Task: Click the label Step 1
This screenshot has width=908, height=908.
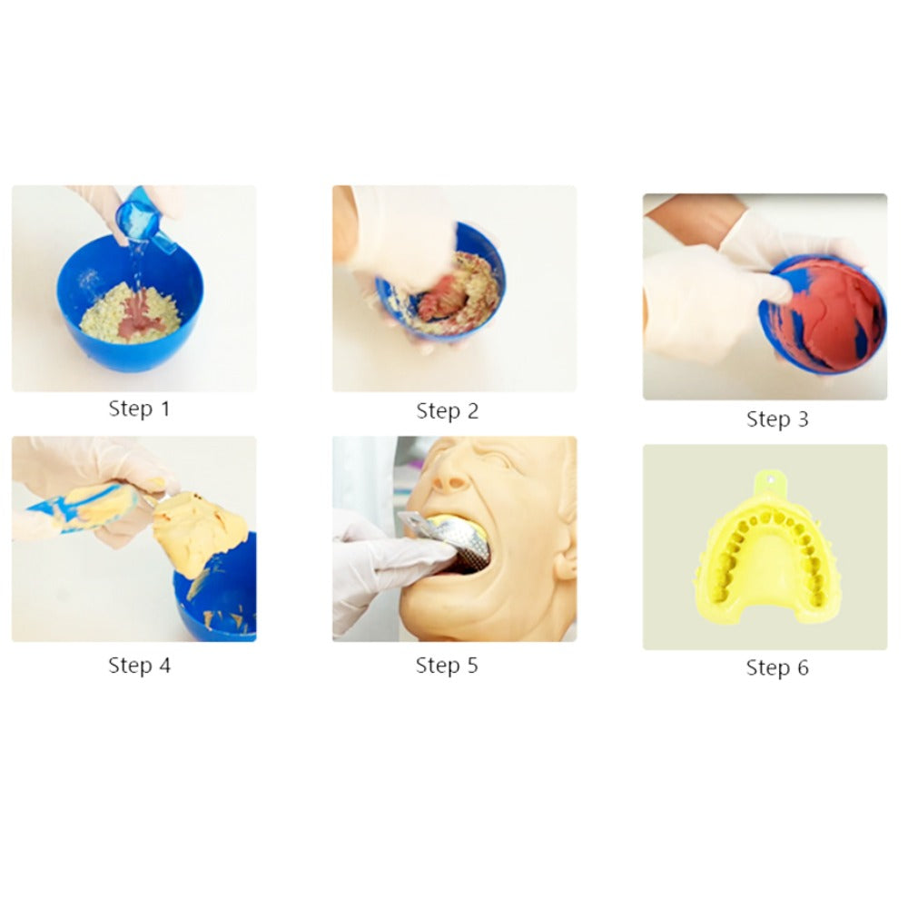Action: point(139,409)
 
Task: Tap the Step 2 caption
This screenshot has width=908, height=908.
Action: point(447,410)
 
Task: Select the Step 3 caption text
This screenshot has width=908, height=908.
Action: point(777,419)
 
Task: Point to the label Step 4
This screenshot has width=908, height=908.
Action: point(139,665)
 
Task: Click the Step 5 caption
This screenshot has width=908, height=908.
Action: point(447,665)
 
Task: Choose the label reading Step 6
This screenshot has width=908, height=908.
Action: point(777,667)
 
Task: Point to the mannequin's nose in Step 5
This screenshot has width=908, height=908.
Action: point(450,479)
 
